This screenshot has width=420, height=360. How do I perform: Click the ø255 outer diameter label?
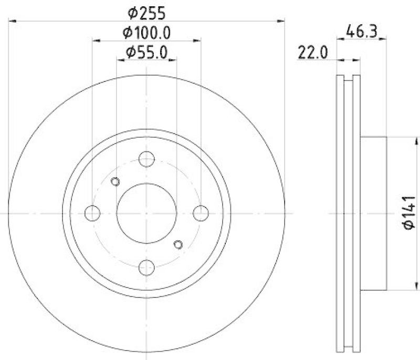coord(146,11)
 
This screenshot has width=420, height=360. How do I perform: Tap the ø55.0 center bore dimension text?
coord(146,53)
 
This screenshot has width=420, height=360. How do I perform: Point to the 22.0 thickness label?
coord(313,53)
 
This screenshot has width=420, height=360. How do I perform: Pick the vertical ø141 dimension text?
coord(409,213)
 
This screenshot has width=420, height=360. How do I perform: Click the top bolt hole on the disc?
coord(146,158)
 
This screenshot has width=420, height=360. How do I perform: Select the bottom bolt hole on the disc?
coord(146,268)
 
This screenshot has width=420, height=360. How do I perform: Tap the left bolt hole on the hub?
coord(92,213)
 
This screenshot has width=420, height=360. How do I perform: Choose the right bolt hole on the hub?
coord(201,213)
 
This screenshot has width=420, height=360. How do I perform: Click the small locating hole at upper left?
coord(116,182)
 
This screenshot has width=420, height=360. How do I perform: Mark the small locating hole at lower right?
coord(177,244)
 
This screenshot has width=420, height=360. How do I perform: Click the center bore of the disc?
coord(146,213)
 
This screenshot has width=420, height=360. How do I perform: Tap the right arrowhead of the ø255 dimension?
coord(281,21)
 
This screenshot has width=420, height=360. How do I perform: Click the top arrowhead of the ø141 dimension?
coord(417,139)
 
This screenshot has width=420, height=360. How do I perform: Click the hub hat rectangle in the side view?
coord(373,213)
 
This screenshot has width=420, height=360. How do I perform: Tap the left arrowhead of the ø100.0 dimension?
coord(95,39)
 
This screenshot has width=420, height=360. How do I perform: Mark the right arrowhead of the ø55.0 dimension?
coord(174,59)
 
